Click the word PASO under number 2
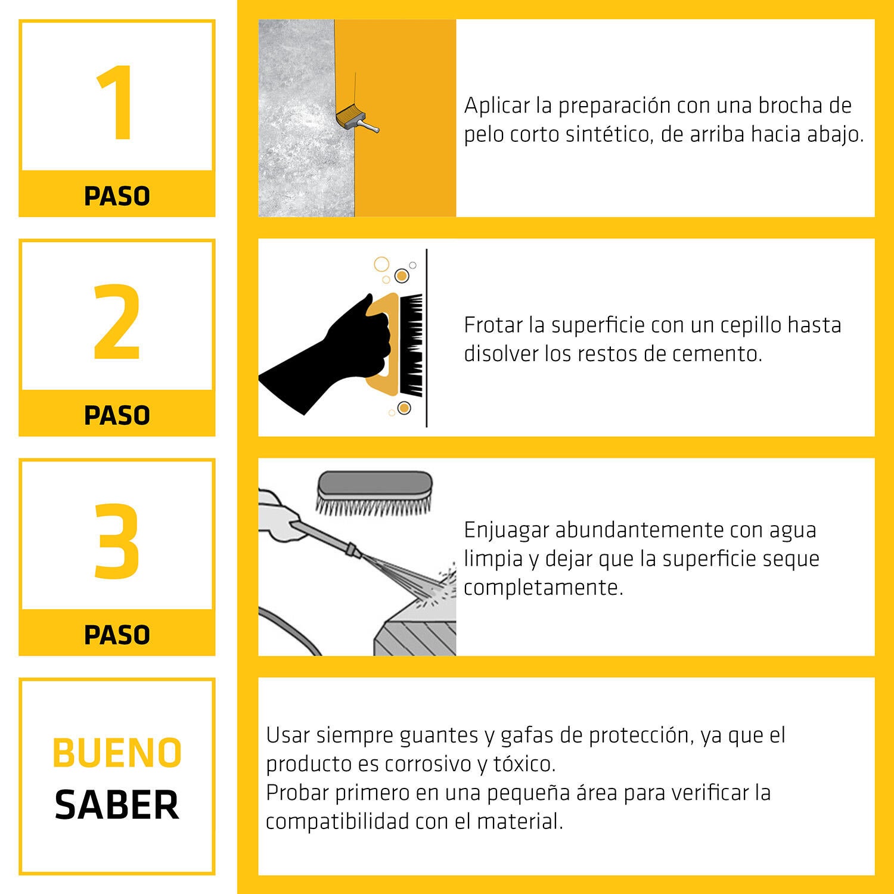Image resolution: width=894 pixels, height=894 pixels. [x=117, y=415]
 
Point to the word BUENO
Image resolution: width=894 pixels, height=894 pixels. [x=117, y=753]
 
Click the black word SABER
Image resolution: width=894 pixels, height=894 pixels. [x=117, y=805]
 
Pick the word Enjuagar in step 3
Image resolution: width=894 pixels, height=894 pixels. [x=506, y=530]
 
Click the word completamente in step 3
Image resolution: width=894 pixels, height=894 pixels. [x=543, y=588]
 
